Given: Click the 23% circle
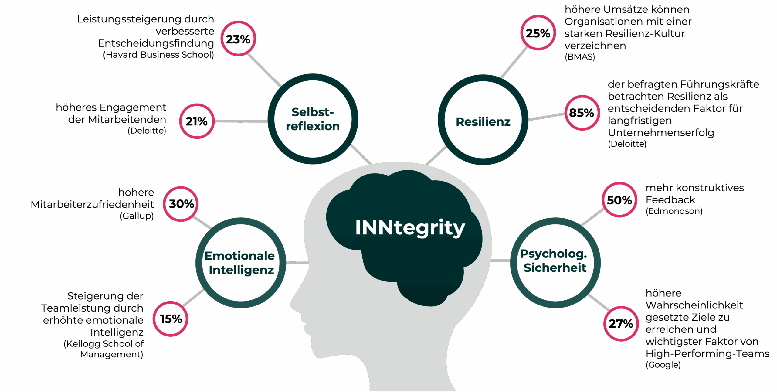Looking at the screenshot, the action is [238, 39].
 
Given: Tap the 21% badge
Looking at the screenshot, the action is [197, 121].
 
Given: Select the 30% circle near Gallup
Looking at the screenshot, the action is [181, 204].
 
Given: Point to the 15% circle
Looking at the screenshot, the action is [171, 319].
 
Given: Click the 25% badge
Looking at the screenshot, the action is [538, 32].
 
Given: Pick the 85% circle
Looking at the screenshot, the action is [582, 113].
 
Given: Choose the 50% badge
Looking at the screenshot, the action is [619, 199].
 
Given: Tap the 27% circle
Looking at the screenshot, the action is [621, 324].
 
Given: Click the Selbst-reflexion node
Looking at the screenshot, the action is [313, 119].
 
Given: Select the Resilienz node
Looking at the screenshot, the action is [483, 120].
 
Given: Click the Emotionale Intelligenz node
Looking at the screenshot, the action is [241, 263].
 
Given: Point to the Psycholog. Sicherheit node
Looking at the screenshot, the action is [555, 263].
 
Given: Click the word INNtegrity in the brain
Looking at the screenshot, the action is [410, 228].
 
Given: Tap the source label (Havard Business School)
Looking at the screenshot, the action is [158, 55].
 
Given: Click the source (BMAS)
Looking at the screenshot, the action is [580, 57].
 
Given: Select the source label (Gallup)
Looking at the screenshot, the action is [137, 216].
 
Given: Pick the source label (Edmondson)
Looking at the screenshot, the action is [674, 211].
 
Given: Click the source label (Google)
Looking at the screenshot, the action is [663, 365].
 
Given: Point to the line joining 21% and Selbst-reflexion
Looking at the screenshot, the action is [241, 121].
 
